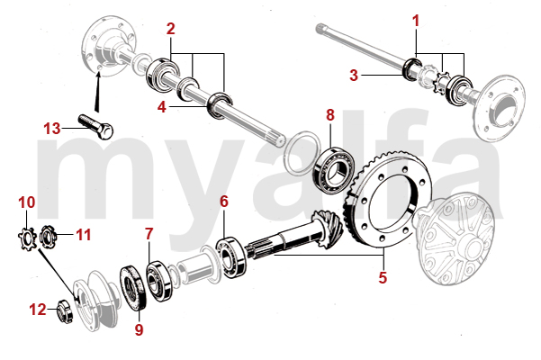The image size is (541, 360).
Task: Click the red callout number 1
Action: (x=416, y=20)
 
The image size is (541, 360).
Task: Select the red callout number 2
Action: (x=171, y=29)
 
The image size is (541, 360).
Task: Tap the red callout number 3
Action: (x=356, y=75)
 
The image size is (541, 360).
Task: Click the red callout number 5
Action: (x=383, y=277)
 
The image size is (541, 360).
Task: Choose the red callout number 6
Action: (x=223, y=202)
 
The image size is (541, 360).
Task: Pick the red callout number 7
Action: (x=149, y=235)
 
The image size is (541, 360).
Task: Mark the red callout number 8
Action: (x=330, y=114)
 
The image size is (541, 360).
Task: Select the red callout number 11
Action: (x=84, y=235)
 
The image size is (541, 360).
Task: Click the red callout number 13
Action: (x=52, y=129)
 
